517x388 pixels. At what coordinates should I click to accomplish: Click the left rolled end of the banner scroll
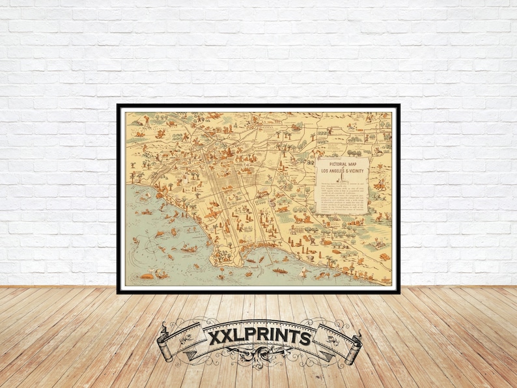(165, 348)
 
